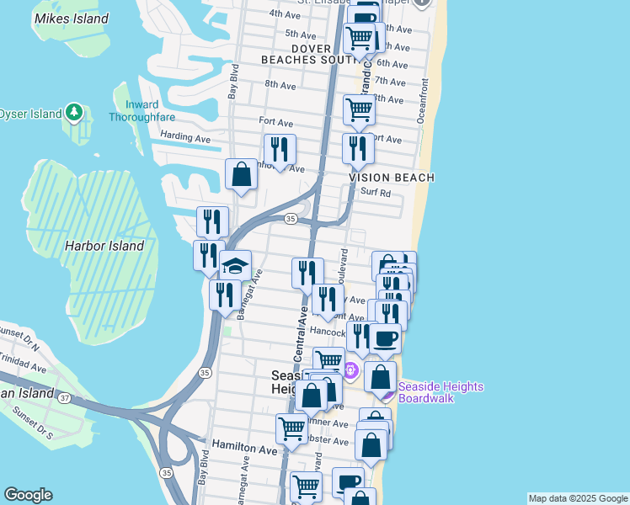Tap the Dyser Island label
[30, 114]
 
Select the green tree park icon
[75, 112]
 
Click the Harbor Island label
[104, 246]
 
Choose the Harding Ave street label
[184, 137]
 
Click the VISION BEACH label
[392, 178]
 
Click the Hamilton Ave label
[244, 450]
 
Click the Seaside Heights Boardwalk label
[440, 392]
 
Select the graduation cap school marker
[235, 267]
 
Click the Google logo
[28, 495]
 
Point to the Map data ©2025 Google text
[578, 498]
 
